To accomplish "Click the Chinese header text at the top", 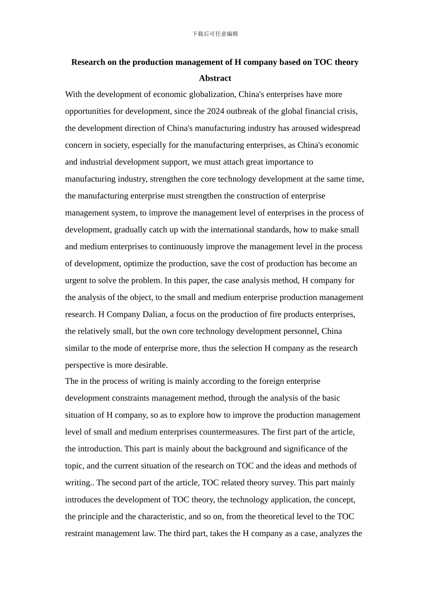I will pyautogui.click(x=215, y=34).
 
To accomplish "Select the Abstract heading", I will pyautogui.click(x=215, y=78).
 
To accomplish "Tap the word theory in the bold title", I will pyautogui.click(x=346, y=62).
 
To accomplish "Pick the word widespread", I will pyautogui.click(x=340, y=128).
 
